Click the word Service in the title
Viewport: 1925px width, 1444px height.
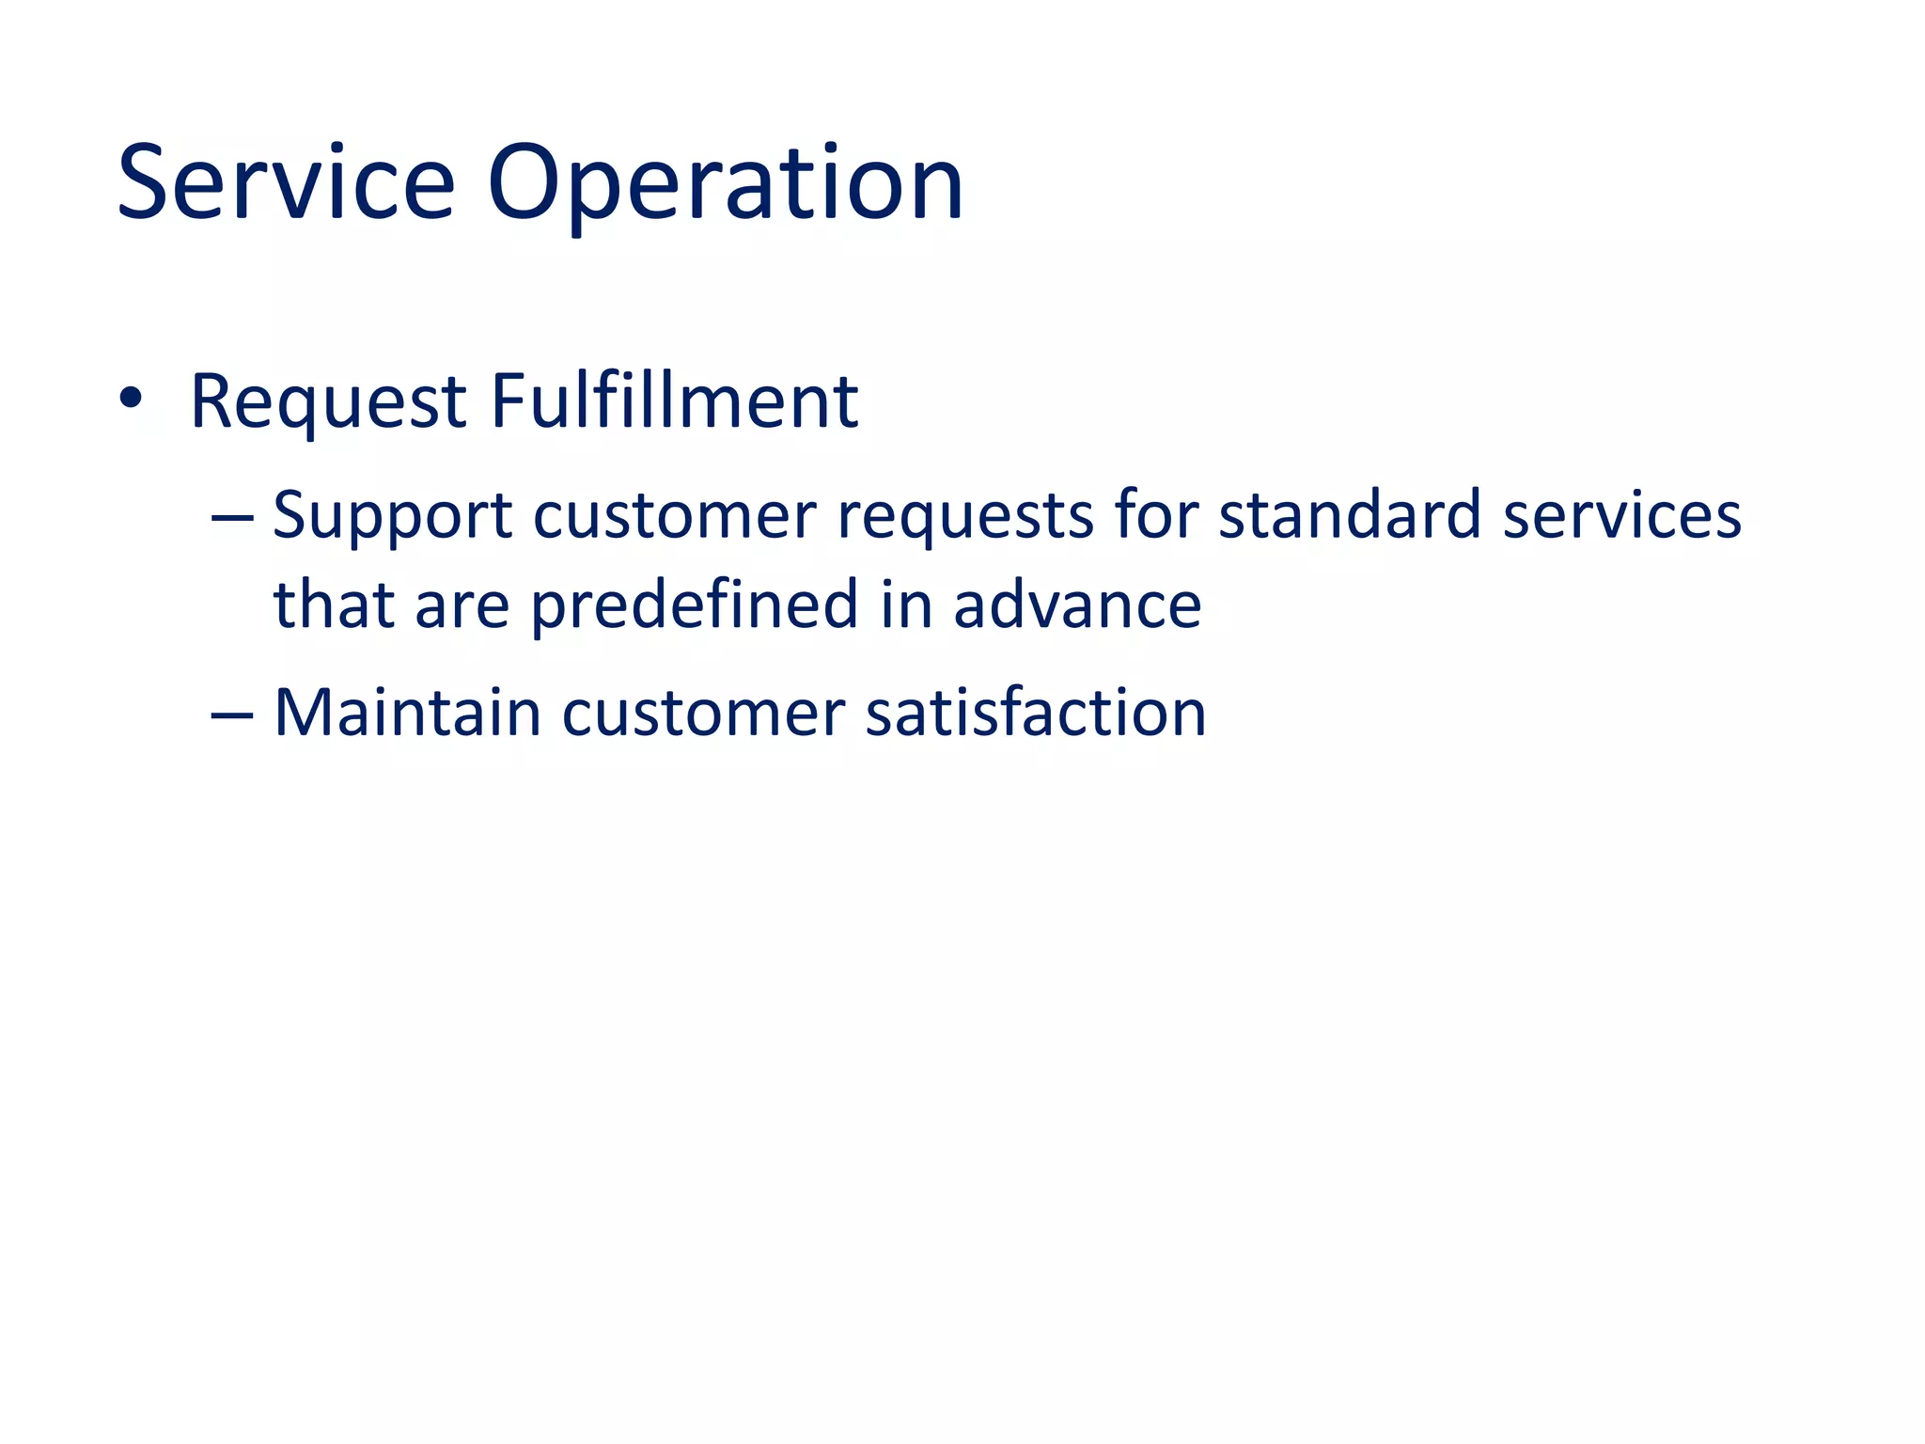286,182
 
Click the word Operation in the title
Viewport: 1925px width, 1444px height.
725,182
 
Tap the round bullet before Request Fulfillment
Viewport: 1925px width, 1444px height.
131,399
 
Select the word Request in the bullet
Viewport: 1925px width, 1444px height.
328,402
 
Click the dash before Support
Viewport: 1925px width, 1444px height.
232,517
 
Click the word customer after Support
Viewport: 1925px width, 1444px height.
675,516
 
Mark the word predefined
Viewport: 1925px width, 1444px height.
695,605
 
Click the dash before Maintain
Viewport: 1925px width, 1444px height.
232,714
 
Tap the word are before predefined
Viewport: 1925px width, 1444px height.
462,605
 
